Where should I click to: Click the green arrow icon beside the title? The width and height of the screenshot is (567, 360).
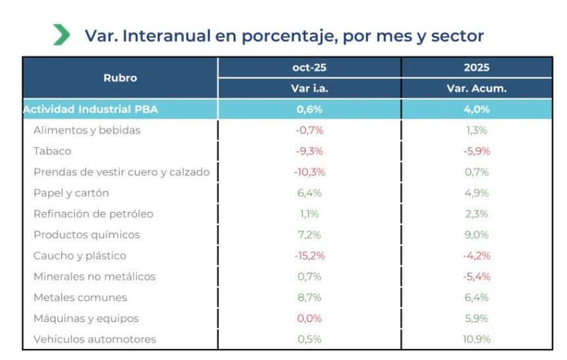coord(61,35)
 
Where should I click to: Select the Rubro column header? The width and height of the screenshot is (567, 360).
coord(120,78)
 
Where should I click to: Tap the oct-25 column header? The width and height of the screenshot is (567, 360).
coord(309,67)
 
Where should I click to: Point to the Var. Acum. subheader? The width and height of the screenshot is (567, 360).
coord(476,88)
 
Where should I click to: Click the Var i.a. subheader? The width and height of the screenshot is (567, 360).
coord(309,88)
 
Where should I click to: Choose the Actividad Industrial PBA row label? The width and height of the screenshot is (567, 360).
coord(91,109)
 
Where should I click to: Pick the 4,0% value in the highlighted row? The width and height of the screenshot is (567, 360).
coord(476,109)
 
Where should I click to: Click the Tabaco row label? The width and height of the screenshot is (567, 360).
coord(53,151)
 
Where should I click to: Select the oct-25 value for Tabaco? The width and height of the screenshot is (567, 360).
coord(309,151)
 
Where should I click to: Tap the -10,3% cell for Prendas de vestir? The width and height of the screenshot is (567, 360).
coord(309,172)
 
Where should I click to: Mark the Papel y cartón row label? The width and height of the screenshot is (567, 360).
coord(71,193)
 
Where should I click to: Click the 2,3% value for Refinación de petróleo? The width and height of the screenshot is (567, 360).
coord(476,214)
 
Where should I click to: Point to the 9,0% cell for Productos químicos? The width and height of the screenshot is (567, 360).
coord(476,234)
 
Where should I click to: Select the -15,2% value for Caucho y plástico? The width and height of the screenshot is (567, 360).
coord(309,255)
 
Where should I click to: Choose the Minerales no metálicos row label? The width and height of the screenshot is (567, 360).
coord(95,276)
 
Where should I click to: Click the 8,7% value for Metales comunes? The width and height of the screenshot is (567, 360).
coord(309,297)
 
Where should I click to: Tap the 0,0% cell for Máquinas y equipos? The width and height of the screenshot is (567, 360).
coord(309,319)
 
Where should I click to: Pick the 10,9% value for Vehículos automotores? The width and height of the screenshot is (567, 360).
coord(476,339)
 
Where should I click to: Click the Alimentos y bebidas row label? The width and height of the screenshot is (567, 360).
coord(87,130)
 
